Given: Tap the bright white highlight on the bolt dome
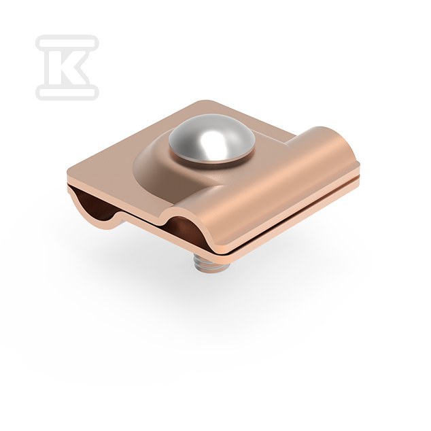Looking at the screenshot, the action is click(x=211, y=141).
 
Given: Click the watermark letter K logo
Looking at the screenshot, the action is click(x=67, y=67).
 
